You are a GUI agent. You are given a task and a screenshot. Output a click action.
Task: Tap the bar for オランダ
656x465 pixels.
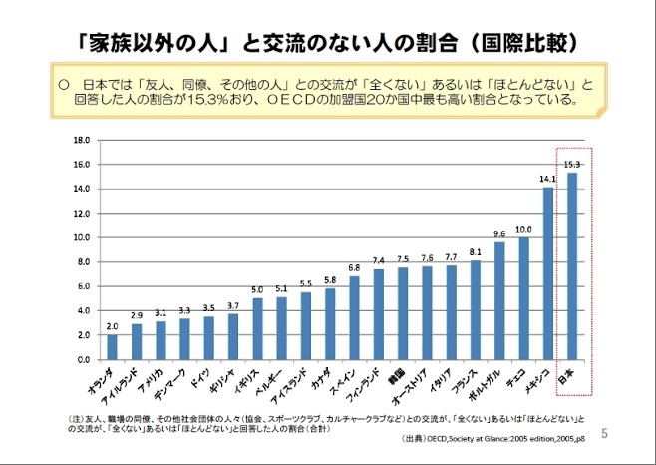112,346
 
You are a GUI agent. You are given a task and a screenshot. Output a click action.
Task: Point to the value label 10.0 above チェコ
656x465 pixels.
523,229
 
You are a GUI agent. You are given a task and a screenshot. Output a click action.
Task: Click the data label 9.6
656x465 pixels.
499,233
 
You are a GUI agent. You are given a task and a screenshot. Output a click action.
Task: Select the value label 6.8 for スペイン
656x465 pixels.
354,267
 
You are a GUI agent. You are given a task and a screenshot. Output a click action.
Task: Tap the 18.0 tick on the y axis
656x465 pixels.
83,140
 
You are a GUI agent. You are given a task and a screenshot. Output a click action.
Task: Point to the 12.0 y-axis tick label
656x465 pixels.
83,213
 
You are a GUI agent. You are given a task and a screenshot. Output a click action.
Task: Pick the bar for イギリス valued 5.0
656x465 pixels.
257,328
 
